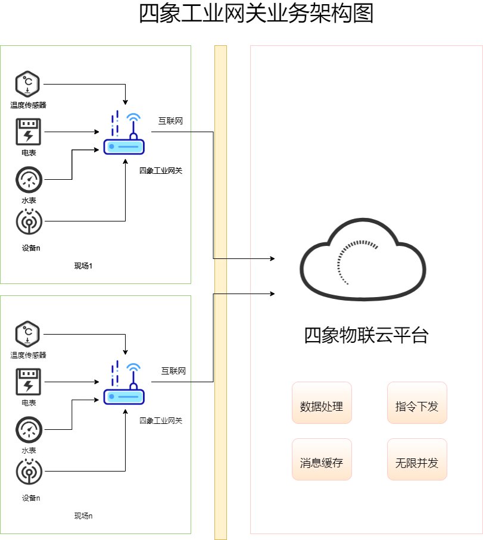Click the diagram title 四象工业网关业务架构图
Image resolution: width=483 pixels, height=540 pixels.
pos(256,14)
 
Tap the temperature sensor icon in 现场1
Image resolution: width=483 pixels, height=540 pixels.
pos(28,85)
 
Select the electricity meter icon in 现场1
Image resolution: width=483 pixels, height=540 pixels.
pos(28,132)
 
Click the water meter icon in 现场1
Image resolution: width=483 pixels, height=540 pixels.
pos(28,179)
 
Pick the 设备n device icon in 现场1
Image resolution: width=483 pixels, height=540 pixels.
pos(28,221)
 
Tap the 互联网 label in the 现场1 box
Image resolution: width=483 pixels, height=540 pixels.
pos(170,121)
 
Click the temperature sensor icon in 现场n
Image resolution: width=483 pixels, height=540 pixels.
pos(28,335)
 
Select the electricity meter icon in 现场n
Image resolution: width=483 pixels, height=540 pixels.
pos(28,382)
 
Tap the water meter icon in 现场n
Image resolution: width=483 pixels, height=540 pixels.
pos(28,429)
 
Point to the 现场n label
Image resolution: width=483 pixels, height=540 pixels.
pos(83,516)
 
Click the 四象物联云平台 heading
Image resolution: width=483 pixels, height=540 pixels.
pos(366,335)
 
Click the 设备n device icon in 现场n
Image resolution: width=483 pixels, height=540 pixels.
pos(28,472)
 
